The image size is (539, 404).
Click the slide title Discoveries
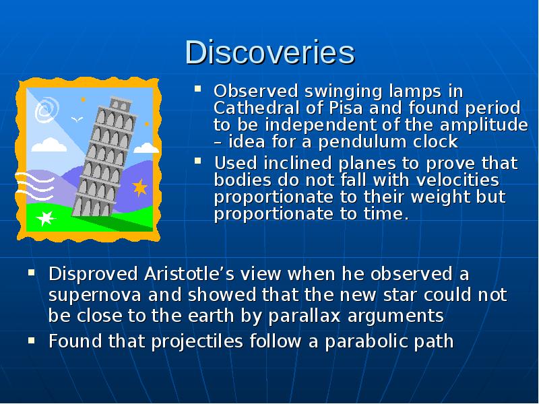click(269, 53)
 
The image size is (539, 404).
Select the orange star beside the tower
click(140, 187)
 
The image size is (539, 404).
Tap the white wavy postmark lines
click(34, 182)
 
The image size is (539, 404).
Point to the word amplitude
click(488, 125)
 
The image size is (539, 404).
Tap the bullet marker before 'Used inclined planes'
click(198, 162)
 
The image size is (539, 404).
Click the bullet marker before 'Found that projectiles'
click(31, 340)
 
